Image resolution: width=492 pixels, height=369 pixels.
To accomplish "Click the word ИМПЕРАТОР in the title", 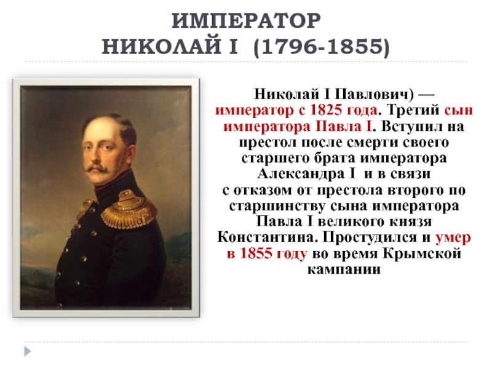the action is pos(247,22).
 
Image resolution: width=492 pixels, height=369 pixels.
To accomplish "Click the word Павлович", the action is pos(372,94).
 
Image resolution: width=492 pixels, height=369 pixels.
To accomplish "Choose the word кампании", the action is pos(344,269).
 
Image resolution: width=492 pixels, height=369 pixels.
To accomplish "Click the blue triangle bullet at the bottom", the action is pos(28,351).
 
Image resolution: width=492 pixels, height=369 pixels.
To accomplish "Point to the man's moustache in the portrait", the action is pos(97,167).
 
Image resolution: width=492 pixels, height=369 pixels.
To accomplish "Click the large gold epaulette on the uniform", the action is pos(129,209).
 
